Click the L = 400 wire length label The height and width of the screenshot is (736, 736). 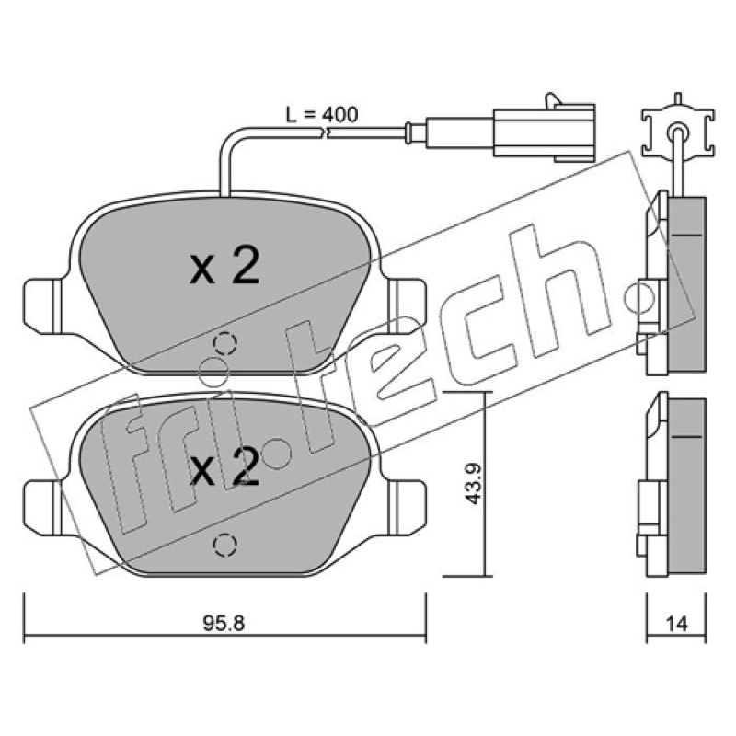pos(322,114)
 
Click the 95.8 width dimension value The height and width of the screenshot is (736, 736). pos(224,624)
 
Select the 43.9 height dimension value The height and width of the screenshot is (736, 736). pos(474,484)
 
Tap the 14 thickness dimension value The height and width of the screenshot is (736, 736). pos(676,624)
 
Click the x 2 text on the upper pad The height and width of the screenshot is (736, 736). pos(224,266)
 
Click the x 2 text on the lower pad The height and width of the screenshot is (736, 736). pos(224,466)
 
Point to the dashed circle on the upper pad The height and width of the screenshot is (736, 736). pos(224,344)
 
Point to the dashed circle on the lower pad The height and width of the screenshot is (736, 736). pos(224,545)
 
